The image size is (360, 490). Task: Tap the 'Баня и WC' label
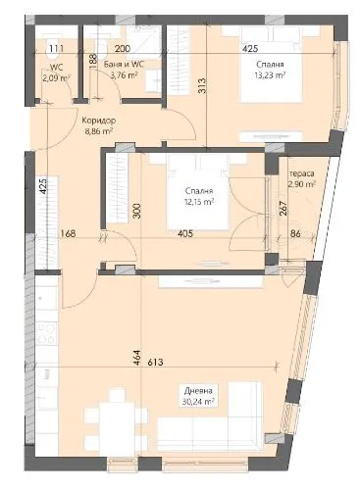[x=124, y=64]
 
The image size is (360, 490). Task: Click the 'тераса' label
[x=299, y=171]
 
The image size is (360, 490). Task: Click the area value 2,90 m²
[x=299, y=183]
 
